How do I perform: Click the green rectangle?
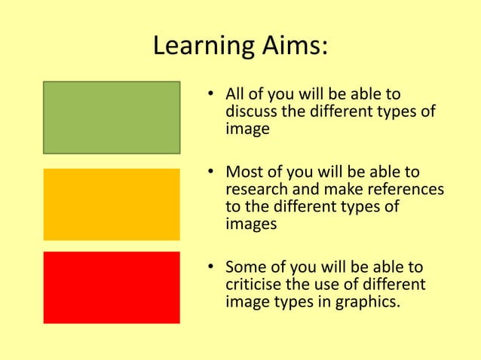tap(112, 117)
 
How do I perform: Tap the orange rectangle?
tap(112, 204)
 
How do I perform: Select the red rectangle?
tap(112, 287)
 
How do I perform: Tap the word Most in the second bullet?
tap(244, 172)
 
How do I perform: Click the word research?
tap(256, 190)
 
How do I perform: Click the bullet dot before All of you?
tap(213, 96)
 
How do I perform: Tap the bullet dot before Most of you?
tap(213, 173)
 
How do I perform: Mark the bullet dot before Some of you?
tap(213, 268)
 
